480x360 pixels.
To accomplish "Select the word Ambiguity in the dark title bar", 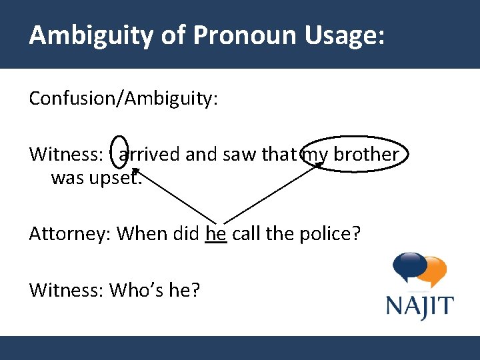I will [x=91, y=35].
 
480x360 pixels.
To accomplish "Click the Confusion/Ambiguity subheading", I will [x=123, y=99].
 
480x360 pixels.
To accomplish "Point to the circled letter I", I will [x=118, y=154].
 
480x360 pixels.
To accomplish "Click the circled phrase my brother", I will [x=353, y=154].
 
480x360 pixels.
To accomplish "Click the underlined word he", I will [x=216, y=234].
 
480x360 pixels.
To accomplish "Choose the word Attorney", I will [x=70, y=234].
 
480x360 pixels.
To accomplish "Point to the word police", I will [x=327, y=234].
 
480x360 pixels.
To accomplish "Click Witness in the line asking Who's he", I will [x=66, y=290].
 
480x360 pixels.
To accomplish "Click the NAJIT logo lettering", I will [x=419, y=307].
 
